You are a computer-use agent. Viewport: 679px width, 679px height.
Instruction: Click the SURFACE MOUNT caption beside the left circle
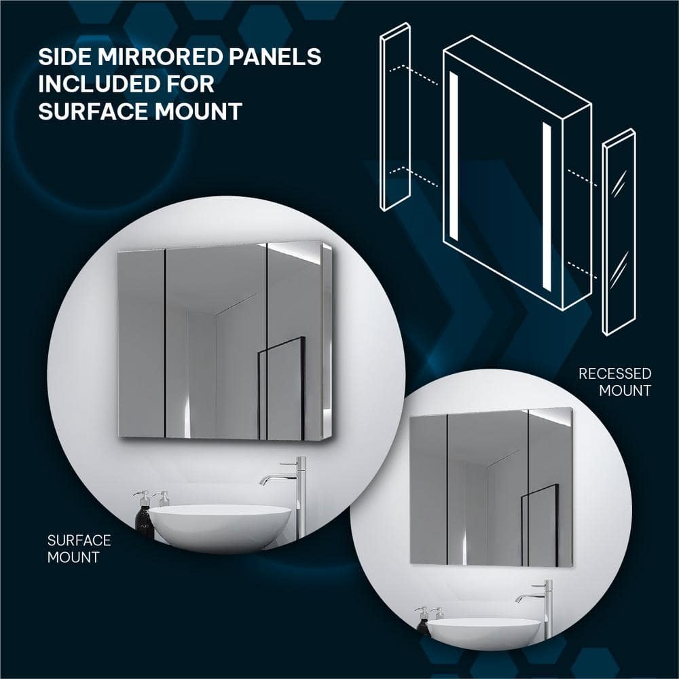click(x=79, y=549)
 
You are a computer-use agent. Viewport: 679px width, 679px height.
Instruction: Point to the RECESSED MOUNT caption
click(x=615, y=382)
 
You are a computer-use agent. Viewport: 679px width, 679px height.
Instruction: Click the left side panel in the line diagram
click(x=395, y=117)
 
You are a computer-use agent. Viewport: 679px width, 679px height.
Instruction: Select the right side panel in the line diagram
click(x=619, y=232)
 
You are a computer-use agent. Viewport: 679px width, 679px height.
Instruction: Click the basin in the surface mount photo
click(x=220, y=527)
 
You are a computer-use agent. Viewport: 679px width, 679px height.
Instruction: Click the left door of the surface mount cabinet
click(x=141, y=344)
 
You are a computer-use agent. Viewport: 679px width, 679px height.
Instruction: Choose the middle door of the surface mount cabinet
click(x=216, y=342)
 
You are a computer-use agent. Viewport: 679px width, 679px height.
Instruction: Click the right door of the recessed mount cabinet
click(x=551, y=487)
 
